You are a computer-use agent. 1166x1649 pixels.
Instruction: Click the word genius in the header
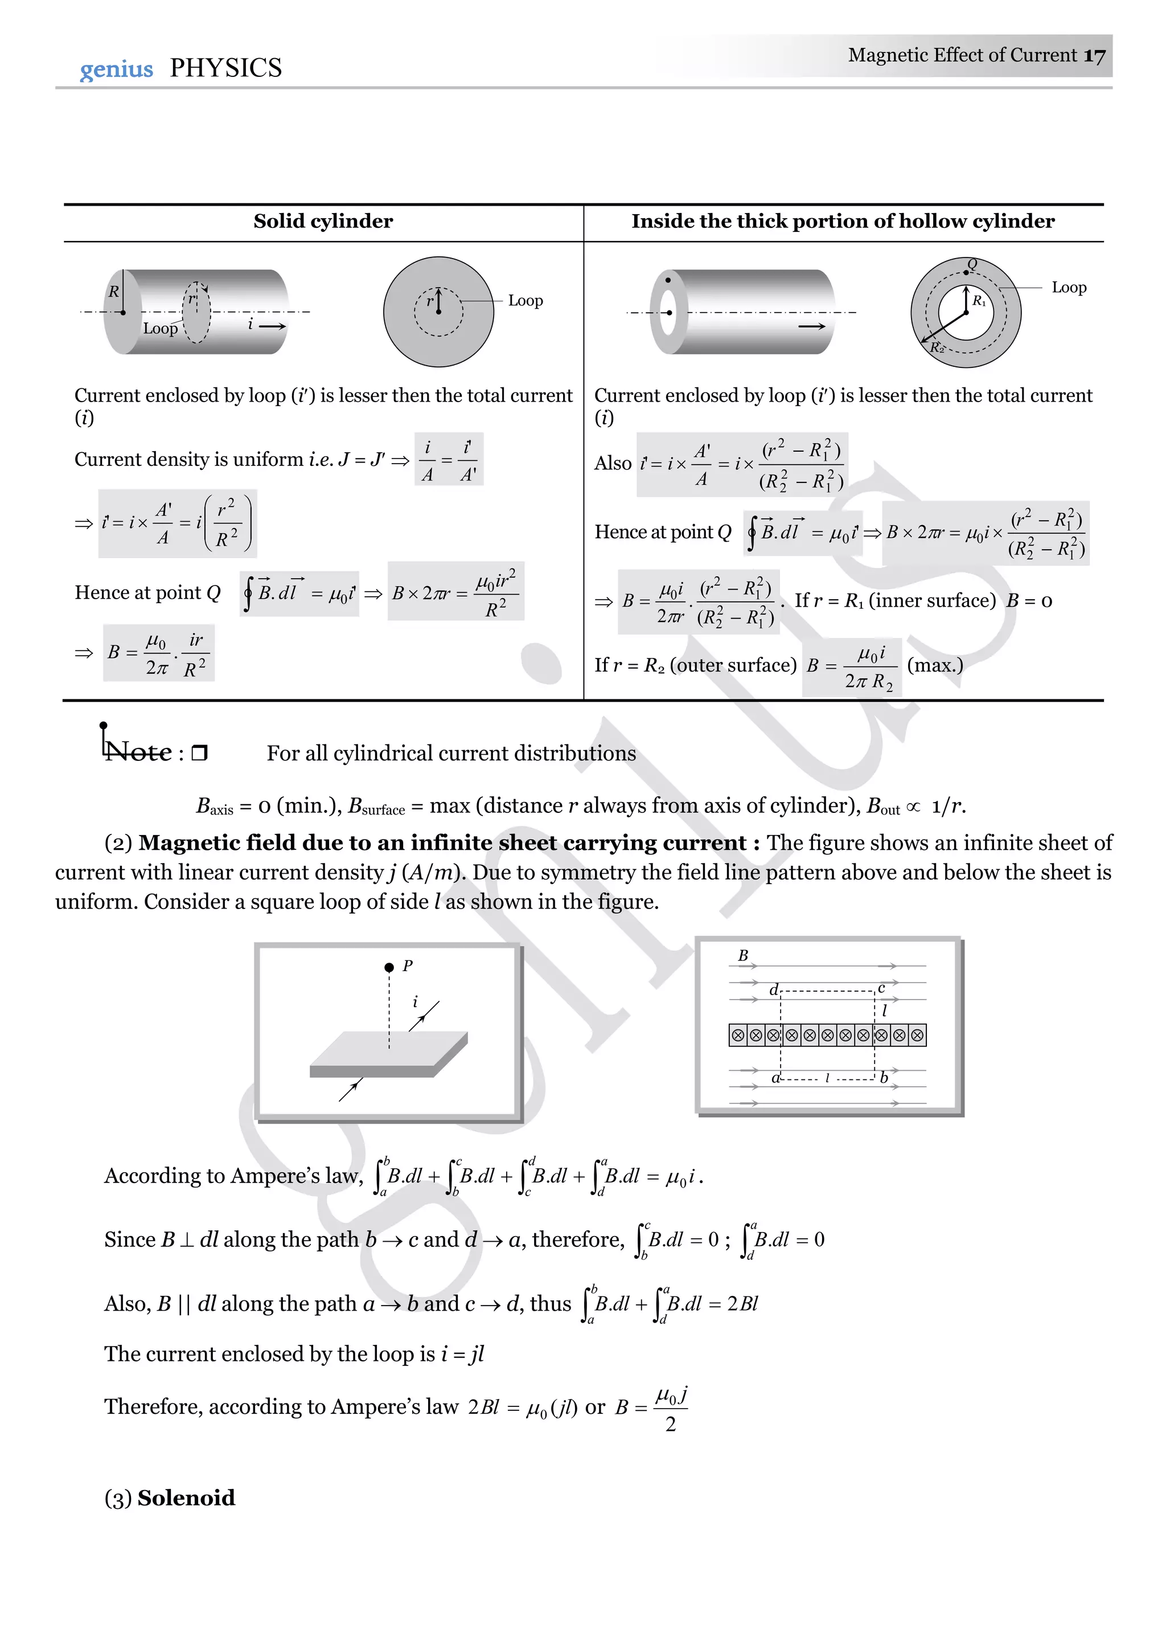pos(116,69)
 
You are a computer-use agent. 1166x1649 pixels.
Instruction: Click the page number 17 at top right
pos(1094,56)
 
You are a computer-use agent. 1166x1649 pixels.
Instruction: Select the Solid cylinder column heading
pos(323,221)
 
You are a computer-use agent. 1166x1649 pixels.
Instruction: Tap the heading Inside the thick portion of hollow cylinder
pos(843,221)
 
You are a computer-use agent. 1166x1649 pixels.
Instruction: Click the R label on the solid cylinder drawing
pos(113,292)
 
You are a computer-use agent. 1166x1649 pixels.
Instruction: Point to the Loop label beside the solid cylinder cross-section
pos(525,301)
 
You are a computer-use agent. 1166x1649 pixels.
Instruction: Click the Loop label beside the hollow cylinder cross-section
pos(1069,287)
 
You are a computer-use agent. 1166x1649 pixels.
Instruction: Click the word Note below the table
pos(138,752)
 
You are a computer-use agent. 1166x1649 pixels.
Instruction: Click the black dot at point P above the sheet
pos(389,967)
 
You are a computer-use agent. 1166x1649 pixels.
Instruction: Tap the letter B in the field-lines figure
pos(743,955)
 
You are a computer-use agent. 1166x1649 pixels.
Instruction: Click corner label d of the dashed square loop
pos(773,991)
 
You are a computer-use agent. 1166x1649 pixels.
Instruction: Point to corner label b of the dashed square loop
pos(884,1078)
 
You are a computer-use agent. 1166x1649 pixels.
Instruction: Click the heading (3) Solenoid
pos(170,1498)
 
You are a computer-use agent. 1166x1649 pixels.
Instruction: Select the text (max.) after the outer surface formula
pos(935,665)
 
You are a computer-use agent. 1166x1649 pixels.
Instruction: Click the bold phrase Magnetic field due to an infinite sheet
pos(442,842)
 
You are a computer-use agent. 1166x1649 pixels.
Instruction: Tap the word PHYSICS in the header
pos(225,68)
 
